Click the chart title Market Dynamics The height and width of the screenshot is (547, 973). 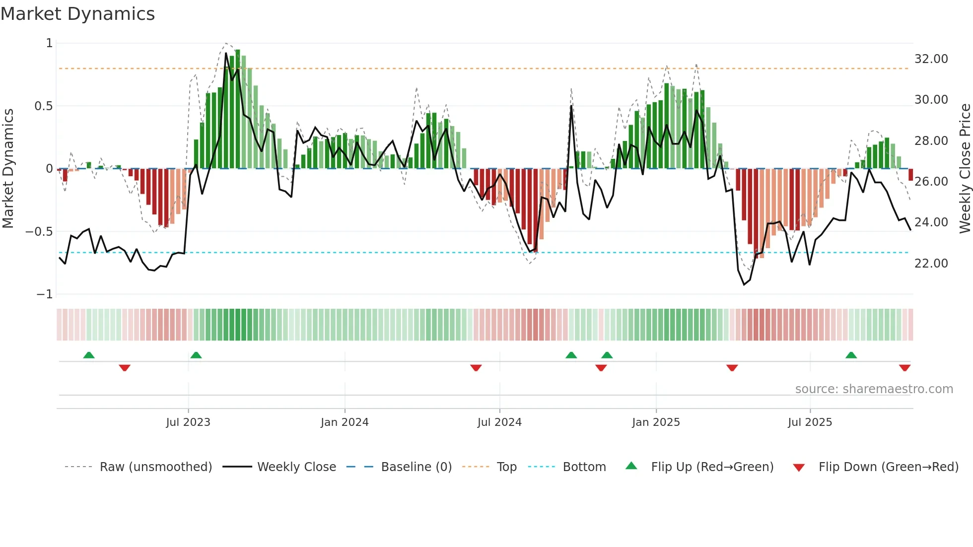[x=77, y=14]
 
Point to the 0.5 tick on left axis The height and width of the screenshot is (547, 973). [x=43, y=106]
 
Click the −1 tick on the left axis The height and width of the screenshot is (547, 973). [x=44, y=294]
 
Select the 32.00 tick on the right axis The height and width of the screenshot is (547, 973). [x=931, y=59]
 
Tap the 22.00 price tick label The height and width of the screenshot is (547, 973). [x=931, y=264]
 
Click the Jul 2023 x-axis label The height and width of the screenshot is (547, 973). [x=188, y=422]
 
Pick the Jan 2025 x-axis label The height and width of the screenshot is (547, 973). [x=656, y=422]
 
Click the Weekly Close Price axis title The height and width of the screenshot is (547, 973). [x=965, y=168]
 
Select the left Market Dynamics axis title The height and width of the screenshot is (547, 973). [x=8, y=168]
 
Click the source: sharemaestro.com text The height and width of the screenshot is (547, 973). [x=874, y=389]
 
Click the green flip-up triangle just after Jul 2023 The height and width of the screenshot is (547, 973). [x=196, y=355]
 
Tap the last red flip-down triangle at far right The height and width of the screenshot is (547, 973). [x=904, y=368]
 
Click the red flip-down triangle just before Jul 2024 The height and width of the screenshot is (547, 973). [x=476, y=368]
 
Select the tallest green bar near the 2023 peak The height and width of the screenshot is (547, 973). [x=238, y=109]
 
